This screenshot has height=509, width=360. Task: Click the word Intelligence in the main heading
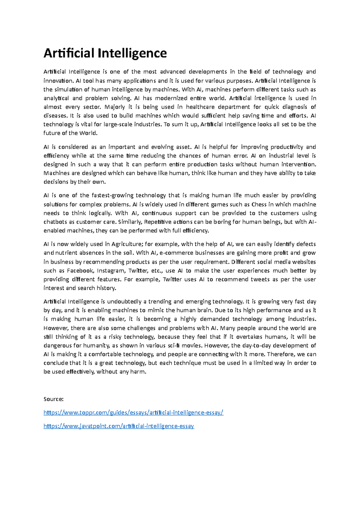coord(132,53)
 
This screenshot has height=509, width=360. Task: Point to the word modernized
coord(170,98)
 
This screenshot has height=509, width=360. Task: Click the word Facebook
coord(80,271)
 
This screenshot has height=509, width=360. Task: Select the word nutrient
coord(66,253)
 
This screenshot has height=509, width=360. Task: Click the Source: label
coord(53,399)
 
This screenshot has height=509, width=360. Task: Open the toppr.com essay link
coord(133,413)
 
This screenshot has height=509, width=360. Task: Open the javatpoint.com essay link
coord(119,426)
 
